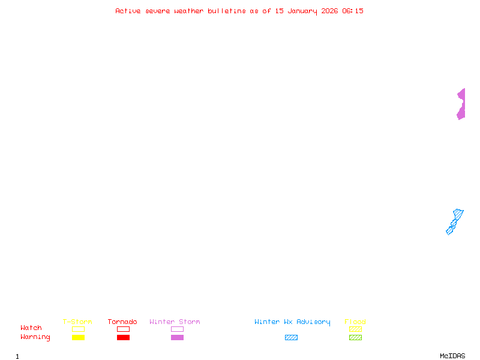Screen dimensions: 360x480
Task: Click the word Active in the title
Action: point(128,11)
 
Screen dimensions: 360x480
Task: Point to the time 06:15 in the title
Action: point(353,11)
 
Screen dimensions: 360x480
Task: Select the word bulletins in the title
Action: point(227,11)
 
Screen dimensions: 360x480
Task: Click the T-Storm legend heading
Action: point(77,322)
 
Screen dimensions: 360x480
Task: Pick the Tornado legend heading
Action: point(122,322)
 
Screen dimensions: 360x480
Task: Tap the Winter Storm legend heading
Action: point(175,322)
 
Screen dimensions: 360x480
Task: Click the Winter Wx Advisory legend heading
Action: point(292,322)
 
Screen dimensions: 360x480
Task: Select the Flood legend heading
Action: point(355,322)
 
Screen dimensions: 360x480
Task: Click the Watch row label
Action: point(31,328)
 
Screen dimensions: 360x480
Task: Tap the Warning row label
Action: point(35,337)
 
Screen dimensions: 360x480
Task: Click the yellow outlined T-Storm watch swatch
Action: point(78,329)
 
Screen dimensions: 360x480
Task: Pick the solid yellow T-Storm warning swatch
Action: point(78,337)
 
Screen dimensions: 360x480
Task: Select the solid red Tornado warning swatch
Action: point(123,337)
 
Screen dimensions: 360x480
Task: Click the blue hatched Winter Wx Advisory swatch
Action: point(291,337)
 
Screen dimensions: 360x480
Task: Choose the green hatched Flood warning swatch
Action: point(355,337)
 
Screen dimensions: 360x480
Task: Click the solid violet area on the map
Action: point(461,104)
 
